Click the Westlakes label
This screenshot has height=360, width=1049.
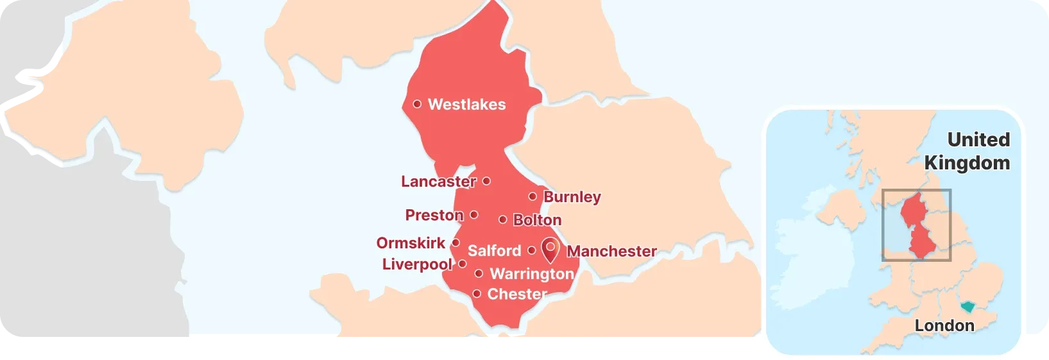point(466,105)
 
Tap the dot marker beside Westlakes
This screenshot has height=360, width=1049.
point(417,104)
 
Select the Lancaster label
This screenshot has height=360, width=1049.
point(438,182)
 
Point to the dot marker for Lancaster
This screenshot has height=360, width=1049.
point(486,181)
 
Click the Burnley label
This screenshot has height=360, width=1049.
point(572,197)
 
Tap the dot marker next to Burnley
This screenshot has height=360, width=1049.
point(533,196)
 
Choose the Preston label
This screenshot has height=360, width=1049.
point(434,215)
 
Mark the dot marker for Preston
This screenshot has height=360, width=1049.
point(474,215)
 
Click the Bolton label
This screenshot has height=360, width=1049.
point(537,220)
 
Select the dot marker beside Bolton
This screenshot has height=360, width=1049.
point(503,219)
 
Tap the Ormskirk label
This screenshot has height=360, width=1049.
point(411,243)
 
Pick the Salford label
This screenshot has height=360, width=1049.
point(494,251)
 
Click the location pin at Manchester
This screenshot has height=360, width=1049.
point(550,249)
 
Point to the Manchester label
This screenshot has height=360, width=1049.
point(611,252)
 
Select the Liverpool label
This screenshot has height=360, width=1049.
point(417,264)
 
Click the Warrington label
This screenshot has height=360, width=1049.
point(532,274)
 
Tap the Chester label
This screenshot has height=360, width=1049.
point(517,295)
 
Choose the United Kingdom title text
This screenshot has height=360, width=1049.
point(968,151)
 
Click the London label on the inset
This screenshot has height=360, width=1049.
point(944,326)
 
